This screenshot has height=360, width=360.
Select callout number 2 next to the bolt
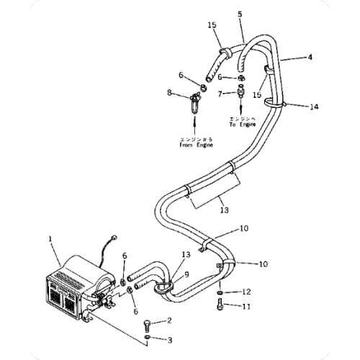pyautogui.click(x=170, y=320)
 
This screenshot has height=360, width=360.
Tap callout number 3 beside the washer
pyautogui.click(x=170, y=338)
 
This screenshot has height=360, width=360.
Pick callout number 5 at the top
pyautogui.click(x=240, y=13)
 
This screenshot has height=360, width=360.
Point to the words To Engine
pyautogui.click(x=243, y=122)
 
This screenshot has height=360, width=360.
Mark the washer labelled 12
pyautogui.click(x=218, y=292)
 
